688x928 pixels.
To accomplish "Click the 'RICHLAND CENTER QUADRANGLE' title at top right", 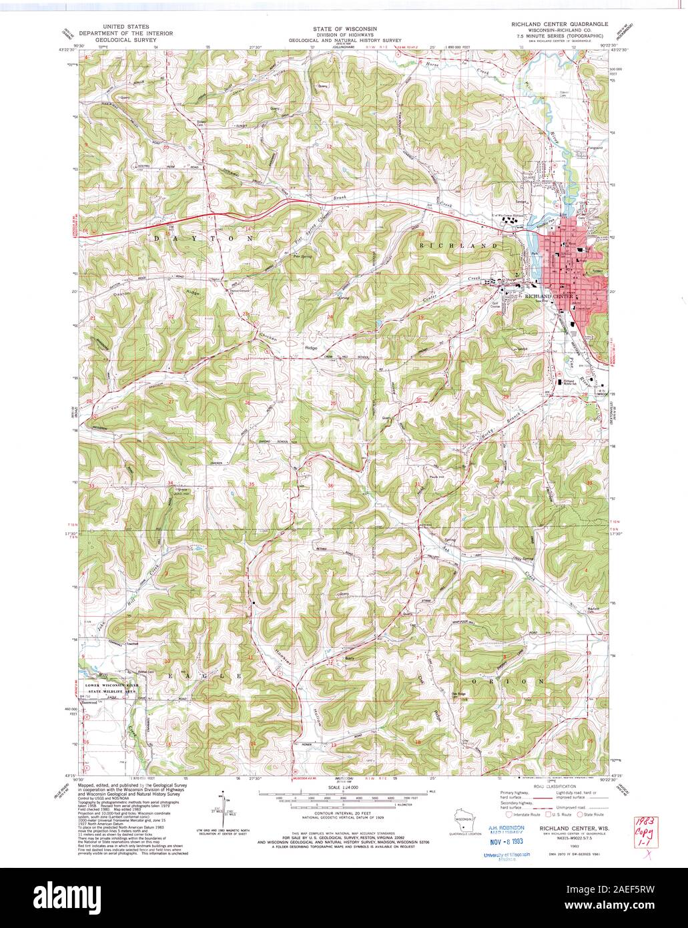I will pyautogui.click(x=559, y=23).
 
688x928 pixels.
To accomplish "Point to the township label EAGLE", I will pyautogui.click(x=201, y=676).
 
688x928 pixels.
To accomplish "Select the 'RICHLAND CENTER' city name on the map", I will pyautogui.click(x=550, y=295).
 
